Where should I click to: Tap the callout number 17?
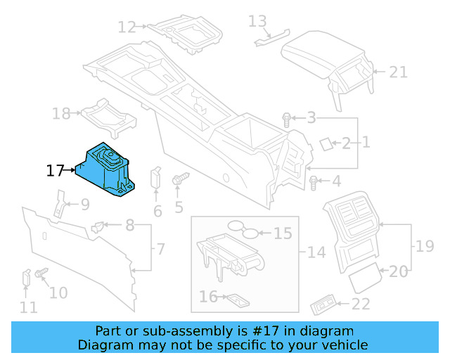(x=56, y=170)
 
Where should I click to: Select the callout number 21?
(x=399, y=72)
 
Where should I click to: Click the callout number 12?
(x=127, y=27)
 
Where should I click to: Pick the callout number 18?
(x=61, y=113)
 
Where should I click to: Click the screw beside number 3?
(x=287, y=119)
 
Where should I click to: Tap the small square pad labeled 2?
(x=326, y=143)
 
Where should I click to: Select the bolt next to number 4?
(x=314, y=183)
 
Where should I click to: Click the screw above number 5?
(x=177, y=179)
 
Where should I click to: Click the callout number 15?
(x=282, y=233)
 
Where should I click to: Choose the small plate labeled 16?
(x=235, y=299)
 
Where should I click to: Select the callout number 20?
(x=398, y=271)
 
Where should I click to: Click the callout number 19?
(x=425, y=246)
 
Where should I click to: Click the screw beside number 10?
(x=41, y=272)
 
